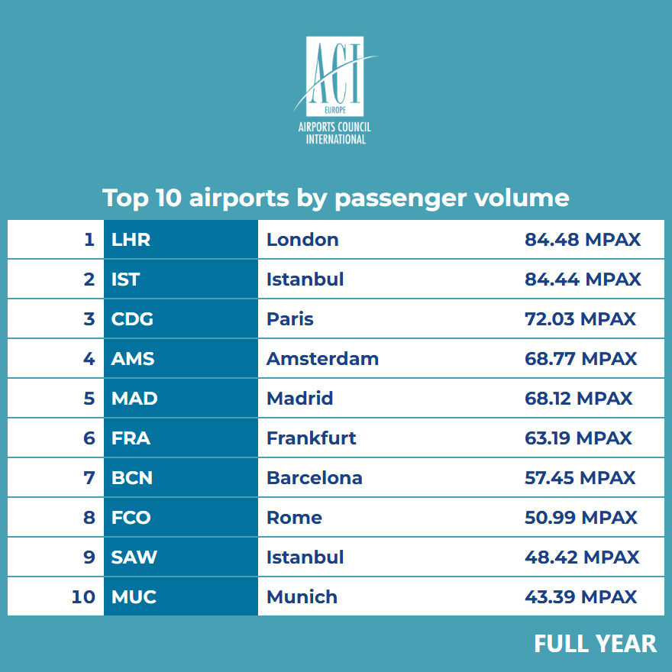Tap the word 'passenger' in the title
401,198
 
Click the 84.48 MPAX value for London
582,240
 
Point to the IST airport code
126,279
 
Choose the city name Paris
290,319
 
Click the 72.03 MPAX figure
580,319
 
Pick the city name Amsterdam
322,359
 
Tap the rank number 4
89,359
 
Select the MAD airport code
134,399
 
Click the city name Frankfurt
312,438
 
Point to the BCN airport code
132,478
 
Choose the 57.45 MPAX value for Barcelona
580,478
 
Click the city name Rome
294,518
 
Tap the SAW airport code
134,557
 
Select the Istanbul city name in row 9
305,557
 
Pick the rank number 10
83,597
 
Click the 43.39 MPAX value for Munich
580,597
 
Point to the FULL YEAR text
595,644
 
